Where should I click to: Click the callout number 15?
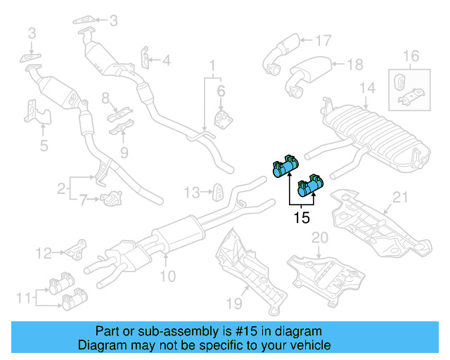point(301,218)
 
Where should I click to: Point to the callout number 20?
point(320,239)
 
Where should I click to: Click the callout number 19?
point(233,304)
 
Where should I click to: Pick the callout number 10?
point(168,276)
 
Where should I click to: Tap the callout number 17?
point(323,40)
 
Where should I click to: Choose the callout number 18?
point(355,65)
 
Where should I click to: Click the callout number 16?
point(411,56)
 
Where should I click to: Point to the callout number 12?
point(44,252)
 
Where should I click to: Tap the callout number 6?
point(220,91)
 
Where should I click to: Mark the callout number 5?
point(43,146)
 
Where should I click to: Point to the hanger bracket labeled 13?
point(218,191)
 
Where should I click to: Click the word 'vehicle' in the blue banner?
point(310,345)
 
